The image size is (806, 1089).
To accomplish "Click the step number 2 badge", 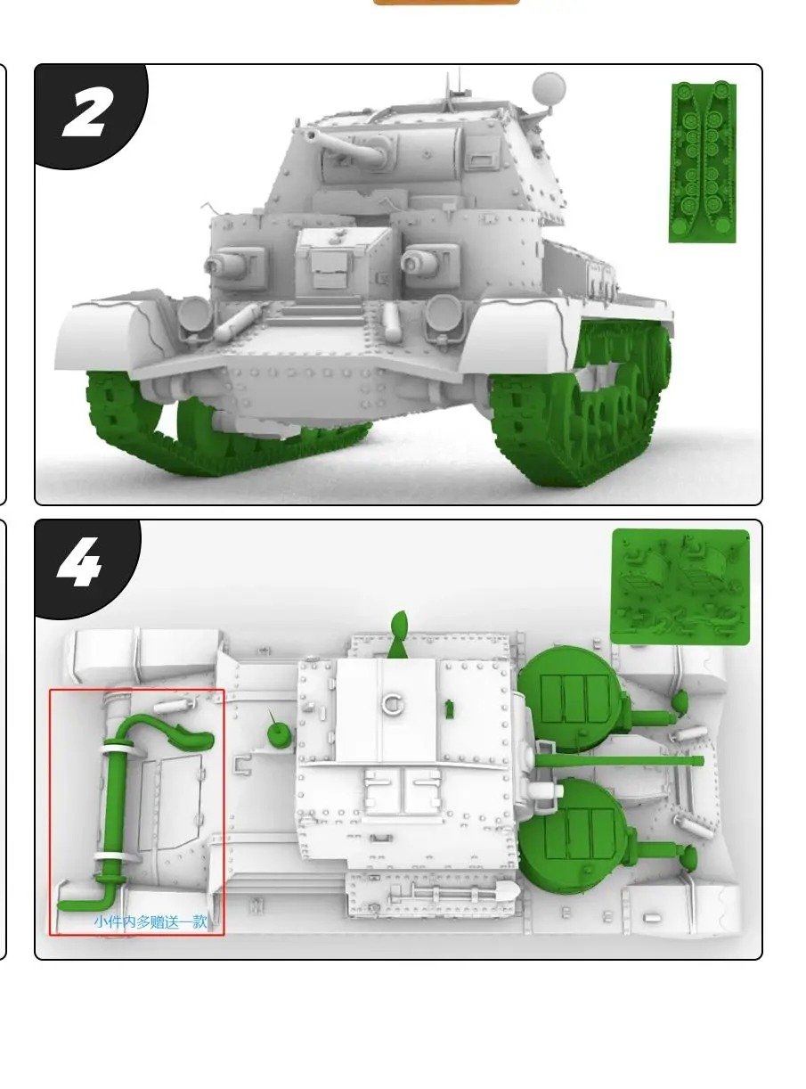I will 86,114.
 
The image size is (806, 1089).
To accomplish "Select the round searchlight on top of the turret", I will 548,88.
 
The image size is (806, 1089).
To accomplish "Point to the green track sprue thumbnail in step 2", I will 703,162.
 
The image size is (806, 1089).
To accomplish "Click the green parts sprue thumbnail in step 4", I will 680,586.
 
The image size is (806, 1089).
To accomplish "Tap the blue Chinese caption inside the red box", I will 150,921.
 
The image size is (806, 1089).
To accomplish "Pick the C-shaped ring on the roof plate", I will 390,704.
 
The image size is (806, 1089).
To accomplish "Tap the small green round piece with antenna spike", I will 279,732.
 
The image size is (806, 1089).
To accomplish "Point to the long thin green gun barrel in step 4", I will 623,760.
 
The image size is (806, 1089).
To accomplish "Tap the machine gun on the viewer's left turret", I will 224,263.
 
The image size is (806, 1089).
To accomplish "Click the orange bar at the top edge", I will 445,3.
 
